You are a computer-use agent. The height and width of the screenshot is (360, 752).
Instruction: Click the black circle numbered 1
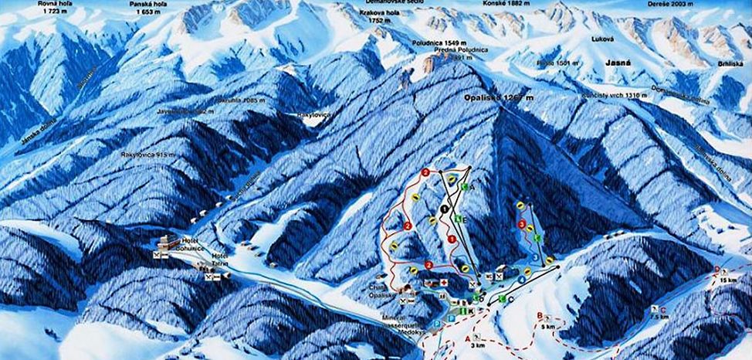click(445, 208)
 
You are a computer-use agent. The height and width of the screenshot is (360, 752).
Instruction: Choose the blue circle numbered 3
click(534, 256)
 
